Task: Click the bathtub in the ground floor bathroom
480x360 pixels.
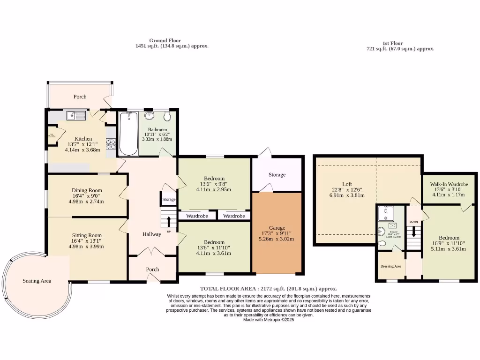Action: (127, 134)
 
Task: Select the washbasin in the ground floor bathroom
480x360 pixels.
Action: (150, 115)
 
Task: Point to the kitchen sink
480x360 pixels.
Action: (75, 114)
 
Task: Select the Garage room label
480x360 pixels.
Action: (277, 228)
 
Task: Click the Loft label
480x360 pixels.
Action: (347, 184)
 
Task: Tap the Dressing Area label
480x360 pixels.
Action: (391, 266)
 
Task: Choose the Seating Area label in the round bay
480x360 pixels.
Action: (37, 281)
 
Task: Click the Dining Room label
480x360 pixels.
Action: (87, 190)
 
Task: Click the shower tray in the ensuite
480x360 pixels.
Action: (386, 213)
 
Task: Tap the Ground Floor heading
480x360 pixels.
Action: (165, 41)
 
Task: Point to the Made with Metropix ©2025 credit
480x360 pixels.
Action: (269, 320)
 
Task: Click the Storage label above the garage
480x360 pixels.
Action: (277, 175)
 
